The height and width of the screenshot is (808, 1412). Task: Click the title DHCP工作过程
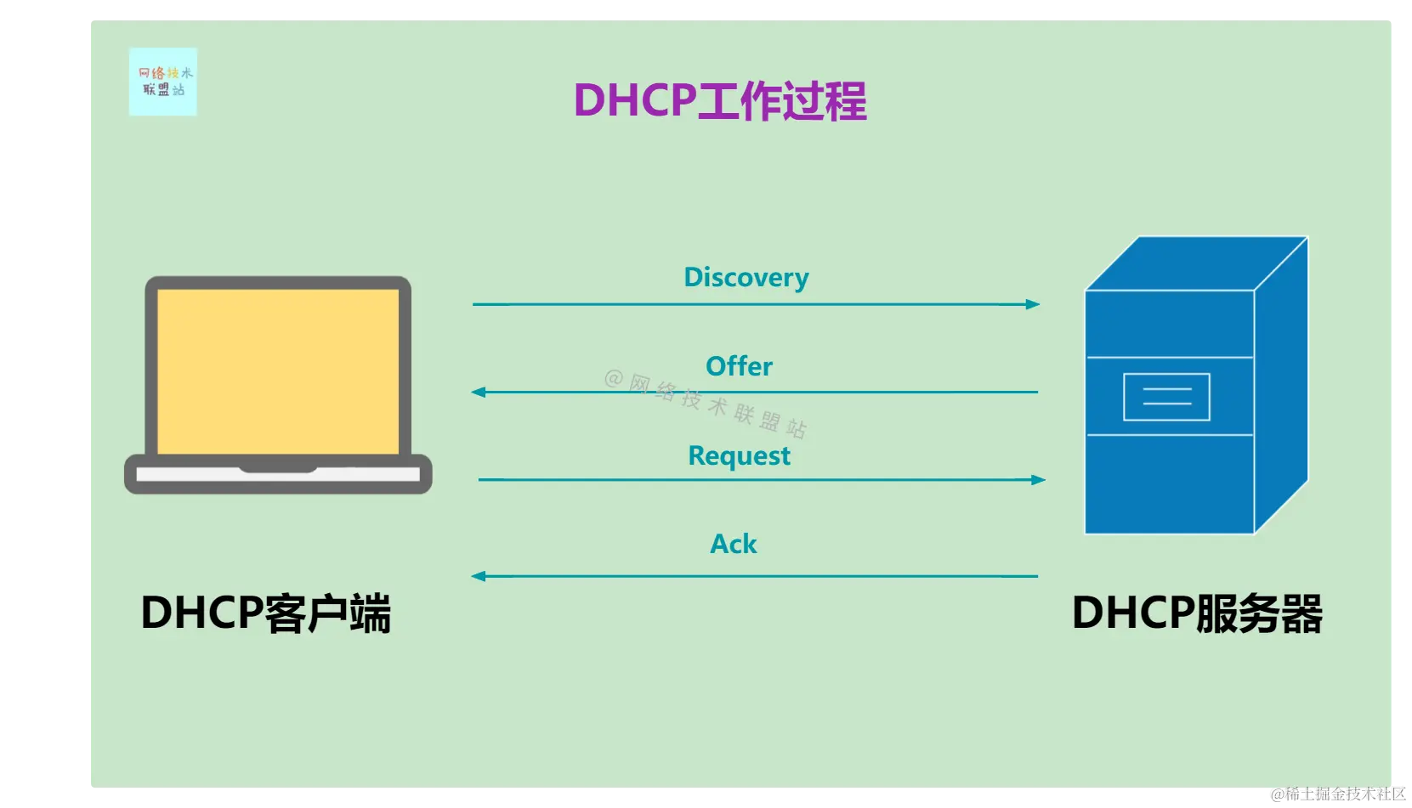pos(720,101)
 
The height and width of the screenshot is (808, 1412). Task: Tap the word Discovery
pos(746,278)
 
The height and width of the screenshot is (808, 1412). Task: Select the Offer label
pos(739,366)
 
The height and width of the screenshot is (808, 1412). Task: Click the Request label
pos(739,456)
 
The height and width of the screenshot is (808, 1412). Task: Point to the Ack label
pos(733,544)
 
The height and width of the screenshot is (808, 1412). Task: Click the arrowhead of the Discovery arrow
pos(1033,304)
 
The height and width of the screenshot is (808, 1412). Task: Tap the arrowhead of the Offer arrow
pos(479,393)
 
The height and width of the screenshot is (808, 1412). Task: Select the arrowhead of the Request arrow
pos(1038,480)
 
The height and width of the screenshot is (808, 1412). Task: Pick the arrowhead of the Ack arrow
pos(479,576)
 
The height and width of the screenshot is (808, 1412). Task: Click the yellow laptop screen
pos(278,371)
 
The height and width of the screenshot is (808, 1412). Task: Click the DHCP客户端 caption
pos(265,613)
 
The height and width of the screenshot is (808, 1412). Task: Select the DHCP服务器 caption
pos(1197,613)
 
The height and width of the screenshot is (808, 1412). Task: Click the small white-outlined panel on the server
pos(1166,397)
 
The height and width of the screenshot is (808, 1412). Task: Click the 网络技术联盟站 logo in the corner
pos(163,82)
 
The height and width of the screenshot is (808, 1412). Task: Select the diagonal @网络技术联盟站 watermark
pos(706,403)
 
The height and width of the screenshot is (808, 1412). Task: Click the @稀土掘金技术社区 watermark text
pos(1337,794)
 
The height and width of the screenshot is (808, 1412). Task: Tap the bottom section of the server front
pos(1169,484)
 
